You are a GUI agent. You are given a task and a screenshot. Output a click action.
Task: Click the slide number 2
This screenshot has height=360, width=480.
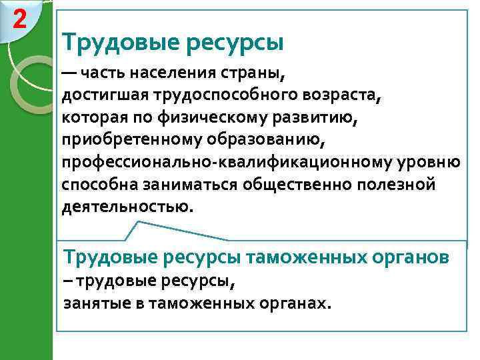tap(19, 20)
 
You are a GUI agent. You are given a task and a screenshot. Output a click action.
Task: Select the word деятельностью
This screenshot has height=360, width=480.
tap(127, 207)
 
